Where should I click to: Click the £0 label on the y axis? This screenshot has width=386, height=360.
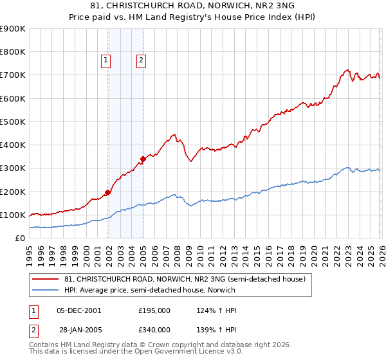click(x=19, y=239)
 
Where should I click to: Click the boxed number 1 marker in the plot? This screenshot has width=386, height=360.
click(x=106, y=61)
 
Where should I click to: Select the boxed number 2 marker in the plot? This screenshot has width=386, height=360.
click(x=141, y=61)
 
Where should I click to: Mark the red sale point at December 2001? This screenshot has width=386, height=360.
click(x=107, y=192)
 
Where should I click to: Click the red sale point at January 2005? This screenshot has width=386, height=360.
click(x=143, y=159)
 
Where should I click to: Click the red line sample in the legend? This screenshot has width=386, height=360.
click(x=46, y=279)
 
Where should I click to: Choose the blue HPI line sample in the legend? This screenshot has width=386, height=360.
click(x=46, y=290)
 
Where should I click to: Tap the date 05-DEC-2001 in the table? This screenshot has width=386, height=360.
click(x=79, y=310)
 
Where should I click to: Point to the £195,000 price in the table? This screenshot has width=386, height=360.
click(x=154, y=310)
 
